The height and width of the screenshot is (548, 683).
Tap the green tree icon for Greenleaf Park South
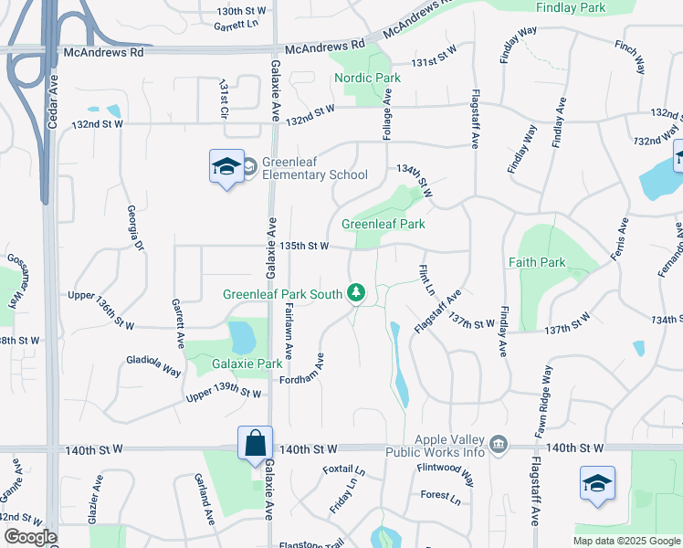pos(357,293)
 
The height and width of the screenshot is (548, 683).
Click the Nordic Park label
pos(367,78)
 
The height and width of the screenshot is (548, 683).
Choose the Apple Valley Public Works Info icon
pos(499,445)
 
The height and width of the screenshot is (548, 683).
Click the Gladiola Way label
pos(153,364)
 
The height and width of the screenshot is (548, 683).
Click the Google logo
pos(30,537)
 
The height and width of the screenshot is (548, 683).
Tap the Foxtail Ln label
pos(344,470)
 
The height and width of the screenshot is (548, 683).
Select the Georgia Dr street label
pos(133,227)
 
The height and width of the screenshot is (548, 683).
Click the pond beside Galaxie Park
pos(242,337)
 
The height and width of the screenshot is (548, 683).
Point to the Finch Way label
pos(630,57)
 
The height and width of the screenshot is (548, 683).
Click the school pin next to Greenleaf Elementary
pos(226,167)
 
